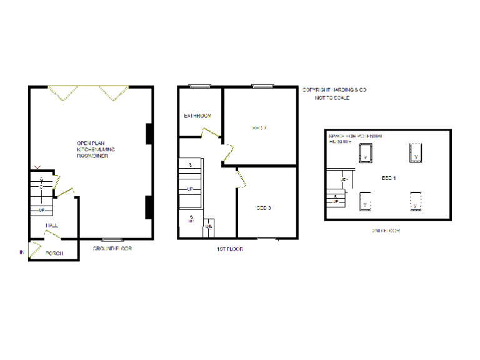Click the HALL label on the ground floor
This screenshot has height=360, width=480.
tap(52, 225)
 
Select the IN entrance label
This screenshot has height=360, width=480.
tap(21, 252)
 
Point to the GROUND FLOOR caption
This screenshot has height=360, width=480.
tap(112, 249)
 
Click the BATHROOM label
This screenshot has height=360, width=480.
tap(197, 116)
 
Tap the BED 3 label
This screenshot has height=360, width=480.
tap(263, 208)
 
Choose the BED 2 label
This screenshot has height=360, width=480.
tap(259, 128)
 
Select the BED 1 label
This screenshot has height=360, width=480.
tap(389, 178)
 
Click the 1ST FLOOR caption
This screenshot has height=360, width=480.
tap(229, 249)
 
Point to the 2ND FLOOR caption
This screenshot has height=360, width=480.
tap(386, 231)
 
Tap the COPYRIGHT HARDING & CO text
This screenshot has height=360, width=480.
tap(334, 90)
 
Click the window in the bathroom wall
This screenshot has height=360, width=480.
tap(200, 86)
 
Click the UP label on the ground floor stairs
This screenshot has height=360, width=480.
tap(41, 210)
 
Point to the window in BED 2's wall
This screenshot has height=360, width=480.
tap(262, 86)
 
